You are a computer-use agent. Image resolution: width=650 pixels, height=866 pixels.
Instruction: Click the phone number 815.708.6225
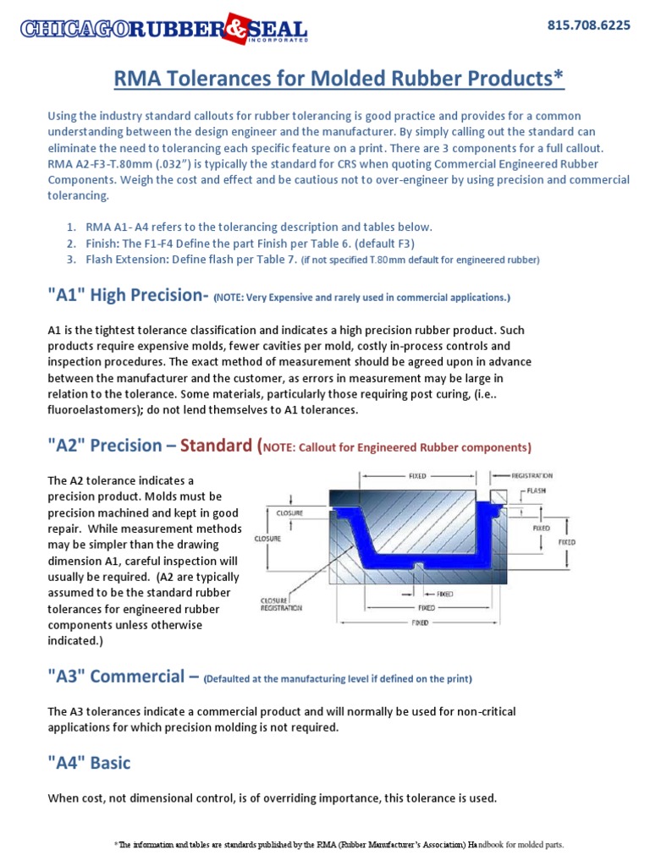click(589, 25)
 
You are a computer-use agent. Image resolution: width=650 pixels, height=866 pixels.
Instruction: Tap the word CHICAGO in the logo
click(75, 30)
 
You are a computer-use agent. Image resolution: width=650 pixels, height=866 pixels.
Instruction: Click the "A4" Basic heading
click(90, 763)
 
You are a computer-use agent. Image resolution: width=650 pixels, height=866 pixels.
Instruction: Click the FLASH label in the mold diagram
click(537, 490)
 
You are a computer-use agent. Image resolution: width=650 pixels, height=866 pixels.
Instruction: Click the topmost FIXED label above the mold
click(417, 476)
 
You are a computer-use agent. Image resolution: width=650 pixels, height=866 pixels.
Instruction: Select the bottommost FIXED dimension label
click(420, 623)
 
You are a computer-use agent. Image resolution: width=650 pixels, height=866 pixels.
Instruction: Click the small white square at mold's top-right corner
click(498, 496)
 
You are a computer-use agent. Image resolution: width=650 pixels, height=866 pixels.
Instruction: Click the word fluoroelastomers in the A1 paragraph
click(86, 410)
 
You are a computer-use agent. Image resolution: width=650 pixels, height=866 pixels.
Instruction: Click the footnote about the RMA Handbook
click(339, 844)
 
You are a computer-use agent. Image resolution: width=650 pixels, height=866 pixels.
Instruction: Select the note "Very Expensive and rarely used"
click(362, 298)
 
